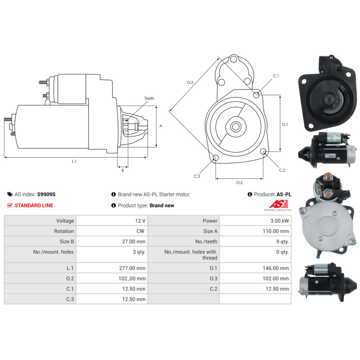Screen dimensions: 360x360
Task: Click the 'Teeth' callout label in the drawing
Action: (149, 98)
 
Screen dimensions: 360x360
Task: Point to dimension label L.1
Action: (74, 161)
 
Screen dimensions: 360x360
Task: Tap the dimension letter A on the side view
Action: (161, 126)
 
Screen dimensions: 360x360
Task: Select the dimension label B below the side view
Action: (122, 170)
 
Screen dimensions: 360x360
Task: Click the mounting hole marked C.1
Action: (256, 95)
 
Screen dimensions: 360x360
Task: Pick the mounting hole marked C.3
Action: (216, 158)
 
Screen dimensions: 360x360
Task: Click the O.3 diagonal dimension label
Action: (190, 82)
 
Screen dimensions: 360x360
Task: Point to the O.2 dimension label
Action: (239, 183)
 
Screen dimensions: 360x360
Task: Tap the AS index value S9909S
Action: (46, 194)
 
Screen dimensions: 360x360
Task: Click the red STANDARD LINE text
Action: (34, 206)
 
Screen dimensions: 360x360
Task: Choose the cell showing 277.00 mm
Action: (134, 268)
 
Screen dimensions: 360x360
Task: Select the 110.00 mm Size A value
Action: (276, 231)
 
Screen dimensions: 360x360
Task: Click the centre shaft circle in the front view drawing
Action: (236, 126)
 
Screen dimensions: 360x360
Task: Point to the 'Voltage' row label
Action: (65, 221)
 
